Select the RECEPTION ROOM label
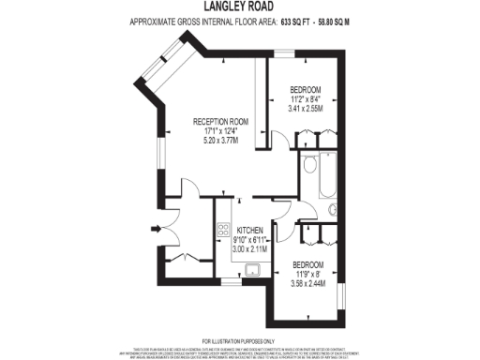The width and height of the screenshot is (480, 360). [x=219, y=122]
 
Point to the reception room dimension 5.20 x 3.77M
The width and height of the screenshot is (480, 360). [x=219, y=140]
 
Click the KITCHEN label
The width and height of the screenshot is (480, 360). [x=249, y=231]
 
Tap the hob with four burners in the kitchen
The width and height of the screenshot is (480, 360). [x=223, y=230]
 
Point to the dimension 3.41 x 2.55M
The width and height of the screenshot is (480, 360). [x=306, y=108]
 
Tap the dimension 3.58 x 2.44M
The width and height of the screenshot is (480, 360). [x=307, y=283]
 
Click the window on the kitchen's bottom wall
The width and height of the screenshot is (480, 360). [x=230, y=281]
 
